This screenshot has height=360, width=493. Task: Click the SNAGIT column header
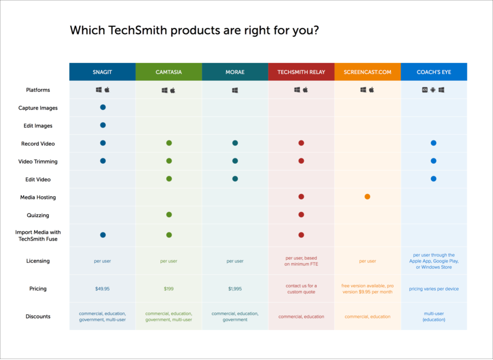tap(102, 72)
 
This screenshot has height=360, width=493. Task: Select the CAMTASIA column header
tap(169, 72)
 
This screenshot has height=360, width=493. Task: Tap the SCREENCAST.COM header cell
tap(367, 72)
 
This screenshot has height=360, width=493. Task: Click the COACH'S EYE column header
tap(434, 72)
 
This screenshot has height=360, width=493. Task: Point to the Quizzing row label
tap(38, 215)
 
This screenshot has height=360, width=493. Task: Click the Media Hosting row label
tap(38, 197)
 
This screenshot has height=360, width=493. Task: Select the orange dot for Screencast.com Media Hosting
tap(367, 196)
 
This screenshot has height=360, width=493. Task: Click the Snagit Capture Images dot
tap(103, 107)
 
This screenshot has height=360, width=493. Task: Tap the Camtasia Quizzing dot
tap(169, 215)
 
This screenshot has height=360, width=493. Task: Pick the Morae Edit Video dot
tap(235, 179)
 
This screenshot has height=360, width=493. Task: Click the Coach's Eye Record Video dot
tap(434, 143)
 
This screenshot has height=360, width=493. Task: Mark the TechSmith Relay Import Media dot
tap(301, 235)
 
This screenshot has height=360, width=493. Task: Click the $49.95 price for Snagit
tap(103, 289)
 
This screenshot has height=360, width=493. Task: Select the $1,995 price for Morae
tap(235, 289)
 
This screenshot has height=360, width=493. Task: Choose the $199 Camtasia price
tap(169, 289)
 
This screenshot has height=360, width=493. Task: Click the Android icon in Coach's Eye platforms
tap(433, 90)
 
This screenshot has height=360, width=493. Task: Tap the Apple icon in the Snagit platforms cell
tap(107, 90)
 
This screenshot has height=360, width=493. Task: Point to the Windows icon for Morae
tap(235, 90)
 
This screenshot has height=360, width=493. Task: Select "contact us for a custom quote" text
tap(301, 289)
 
